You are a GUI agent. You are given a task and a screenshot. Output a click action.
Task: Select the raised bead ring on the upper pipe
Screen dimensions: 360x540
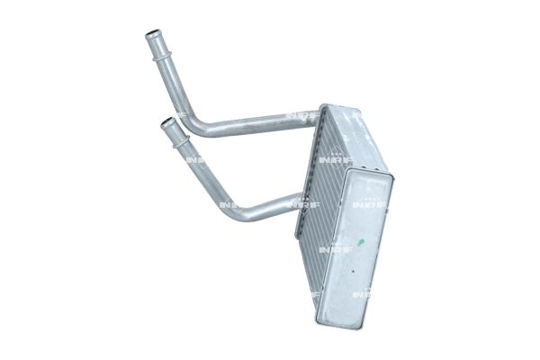click(x=159, y=55)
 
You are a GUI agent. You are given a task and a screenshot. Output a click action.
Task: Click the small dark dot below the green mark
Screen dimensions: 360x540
click(x=353, y=271)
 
